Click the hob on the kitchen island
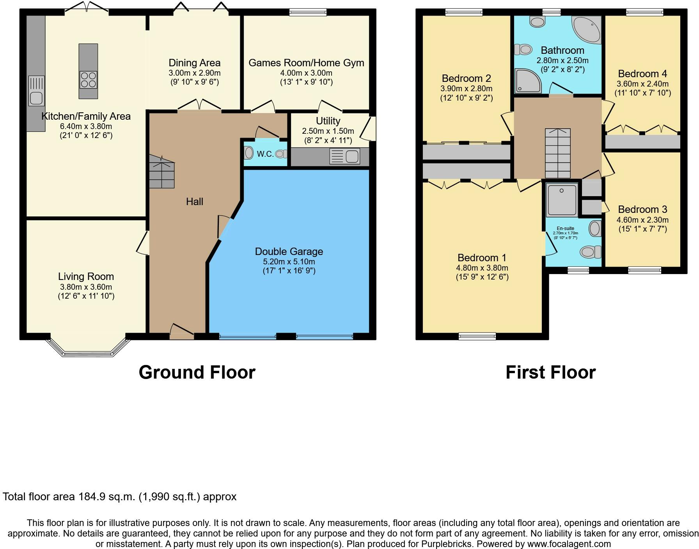88,80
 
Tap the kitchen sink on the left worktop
36,91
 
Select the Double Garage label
289,251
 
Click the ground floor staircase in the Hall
162,171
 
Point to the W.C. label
265,154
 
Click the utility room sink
344,156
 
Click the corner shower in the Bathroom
528,81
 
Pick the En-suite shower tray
562,200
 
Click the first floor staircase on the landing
558,153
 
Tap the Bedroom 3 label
642,209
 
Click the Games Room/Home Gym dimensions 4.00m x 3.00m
306,73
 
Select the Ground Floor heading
197,372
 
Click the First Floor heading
551,372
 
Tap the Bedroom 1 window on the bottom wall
477,336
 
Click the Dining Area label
195,63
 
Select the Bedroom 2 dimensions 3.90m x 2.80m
467,89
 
